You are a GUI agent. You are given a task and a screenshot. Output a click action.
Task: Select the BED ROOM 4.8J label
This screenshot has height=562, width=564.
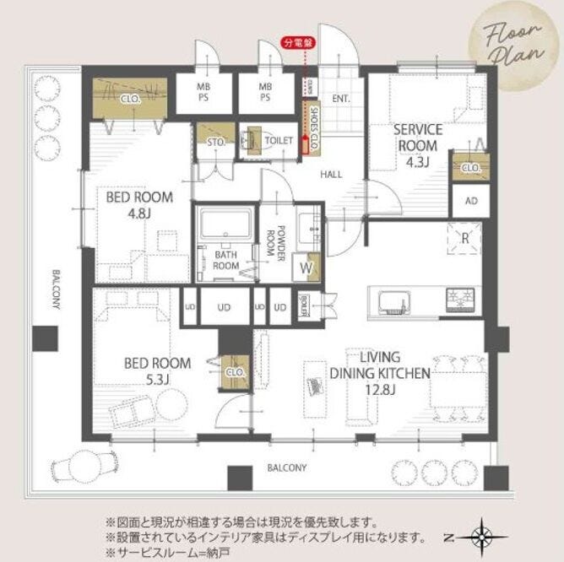click(x=139, y=205)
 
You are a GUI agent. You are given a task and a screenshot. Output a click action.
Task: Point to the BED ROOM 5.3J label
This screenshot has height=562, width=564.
click(x=158, y=371)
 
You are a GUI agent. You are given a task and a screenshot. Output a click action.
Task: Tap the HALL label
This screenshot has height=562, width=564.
click(x=330, y=174)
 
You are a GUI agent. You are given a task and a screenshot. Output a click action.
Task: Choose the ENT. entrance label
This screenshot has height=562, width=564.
click(x=340, y=99)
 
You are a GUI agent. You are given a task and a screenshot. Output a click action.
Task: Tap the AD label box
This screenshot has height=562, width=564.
click(x=470, y=200)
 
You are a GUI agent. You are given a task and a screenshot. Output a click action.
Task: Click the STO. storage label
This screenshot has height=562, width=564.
click(x=216, y=142)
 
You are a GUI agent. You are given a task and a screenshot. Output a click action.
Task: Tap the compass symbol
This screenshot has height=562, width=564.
click(x=482, y=535)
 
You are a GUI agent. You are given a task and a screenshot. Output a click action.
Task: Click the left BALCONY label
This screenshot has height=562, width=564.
click(x=55, y=291)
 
